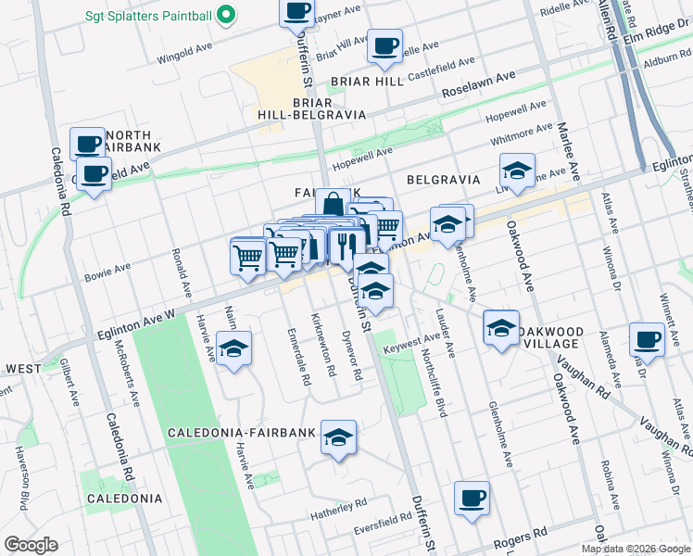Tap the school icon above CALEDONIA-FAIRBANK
pyautogui.click(x=339, y=436)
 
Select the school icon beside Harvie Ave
pyautogui.click(x=234, y=348)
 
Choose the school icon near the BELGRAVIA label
pyautogui.click(x=517, y=170)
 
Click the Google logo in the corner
pyautogui.click(x=31, y=545)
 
